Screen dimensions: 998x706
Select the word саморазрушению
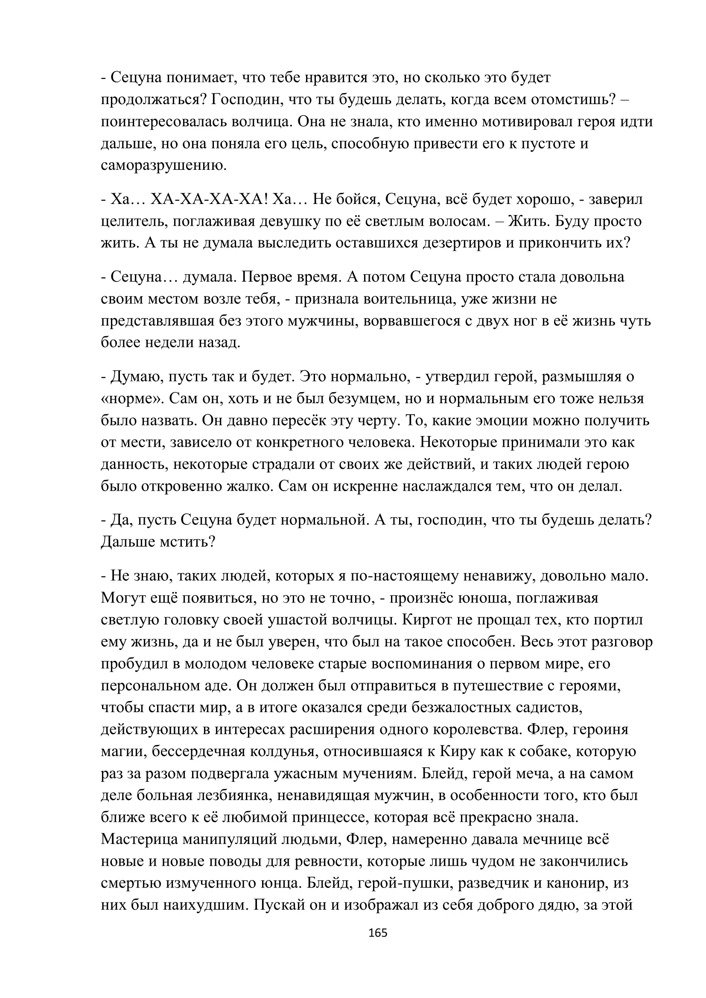click(x=164, y=165)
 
